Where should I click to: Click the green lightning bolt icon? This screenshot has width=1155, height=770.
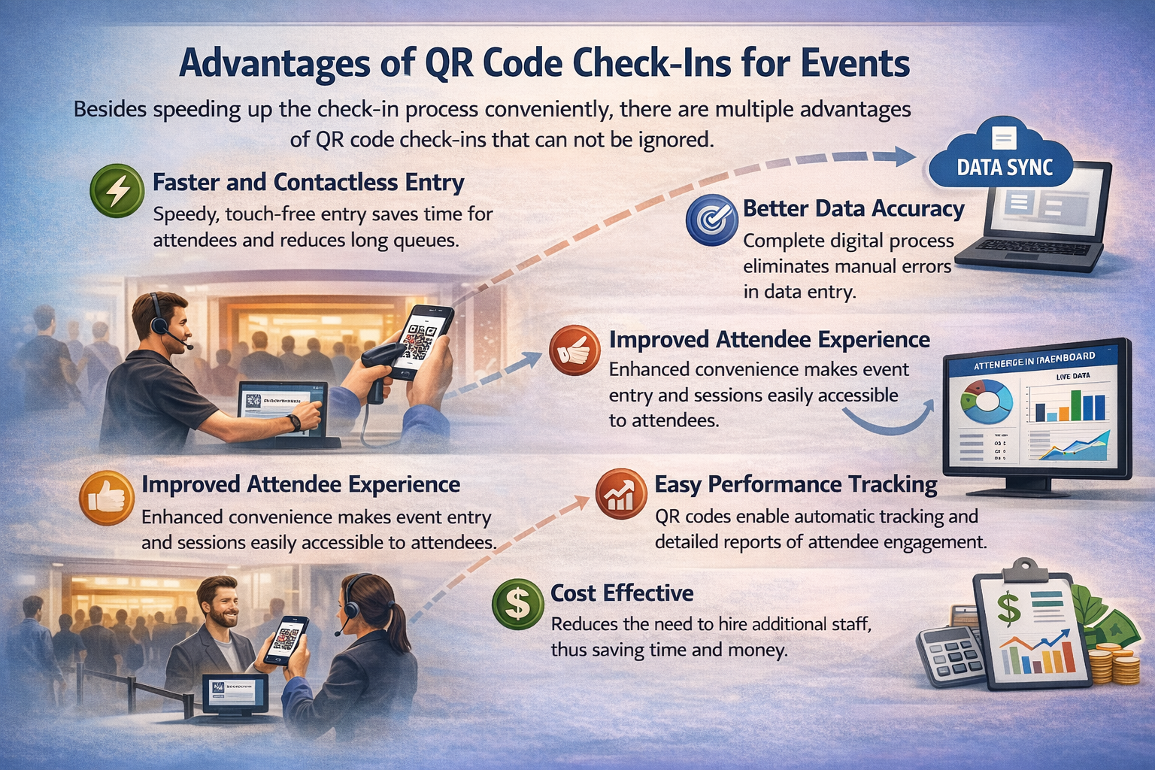coord(117,191)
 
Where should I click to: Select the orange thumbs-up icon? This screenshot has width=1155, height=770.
coord(105,498)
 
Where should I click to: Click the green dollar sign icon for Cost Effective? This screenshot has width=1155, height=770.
coord(517,603)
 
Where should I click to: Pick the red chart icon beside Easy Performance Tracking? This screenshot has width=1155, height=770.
coord(621,494)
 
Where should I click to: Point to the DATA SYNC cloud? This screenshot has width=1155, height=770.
coord(1003,159)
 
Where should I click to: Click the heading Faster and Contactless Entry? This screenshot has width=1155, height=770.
coord(308,183)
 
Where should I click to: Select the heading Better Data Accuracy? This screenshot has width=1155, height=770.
coord(853,208)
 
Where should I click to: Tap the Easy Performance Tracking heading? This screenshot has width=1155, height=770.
coord(796,484)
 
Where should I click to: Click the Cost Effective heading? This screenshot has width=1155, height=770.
coord(622,593)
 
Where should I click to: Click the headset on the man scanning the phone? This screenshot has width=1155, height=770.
coord(157,316)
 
